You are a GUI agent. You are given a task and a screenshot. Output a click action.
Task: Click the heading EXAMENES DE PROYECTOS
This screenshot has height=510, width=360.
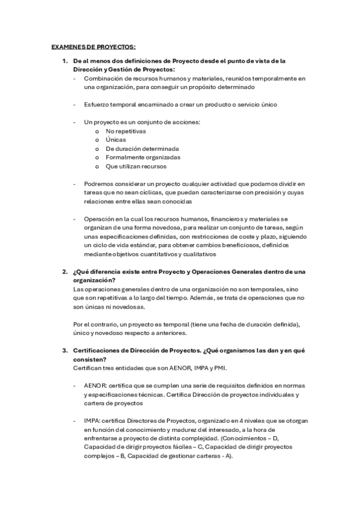pos(93,47)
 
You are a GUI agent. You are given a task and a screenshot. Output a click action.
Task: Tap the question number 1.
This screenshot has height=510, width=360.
pos(65,61)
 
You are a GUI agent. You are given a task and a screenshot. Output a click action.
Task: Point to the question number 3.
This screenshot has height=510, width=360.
pos(65,351)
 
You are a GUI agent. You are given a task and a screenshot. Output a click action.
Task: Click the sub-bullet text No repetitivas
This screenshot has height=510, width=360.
pos(126,131)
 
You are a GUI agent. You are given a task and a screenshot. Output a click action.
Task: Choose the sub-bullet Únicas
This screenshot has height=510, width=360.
pos(116,140)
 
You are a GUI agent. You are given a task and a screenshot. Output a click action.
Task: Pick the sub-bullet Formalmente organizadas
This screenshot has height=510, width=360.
pos(135,158)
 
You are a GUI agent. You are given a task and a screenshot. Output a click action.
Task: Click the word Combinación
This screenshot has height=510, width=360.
pos(103,78)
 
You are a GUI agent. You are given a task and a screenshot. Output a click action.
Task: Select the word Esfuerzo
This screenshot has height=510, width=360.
pos(98,105)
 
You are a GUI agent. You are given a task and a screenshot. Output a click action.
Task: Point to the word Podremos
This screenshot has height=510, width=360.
pos(99,184)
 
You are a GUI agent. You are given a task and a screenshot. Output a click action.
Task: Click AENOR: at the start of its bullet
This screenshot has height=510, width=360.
pos(96,386)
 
